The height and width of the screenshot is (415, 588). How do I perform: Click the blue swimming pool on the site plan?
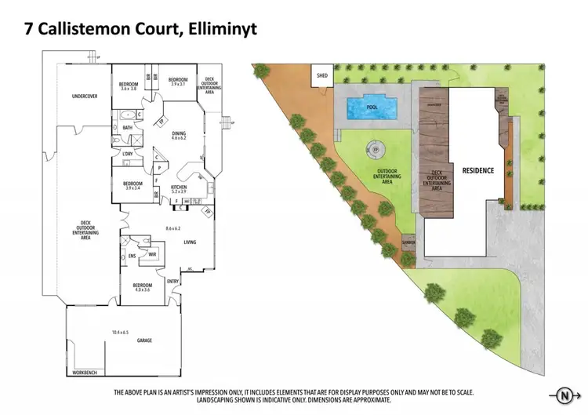365,105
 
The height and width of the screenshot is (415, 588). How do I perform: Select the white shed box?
321,76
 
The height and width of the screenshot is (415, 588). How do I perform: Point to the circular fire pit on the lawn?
375,147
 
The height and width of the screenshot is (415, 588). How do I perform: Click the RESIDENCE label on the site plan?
477,170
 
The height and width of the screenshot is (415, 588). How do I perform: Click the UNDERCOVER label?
84,96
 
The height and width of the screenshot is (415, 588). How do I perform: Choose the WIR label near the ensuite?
152,255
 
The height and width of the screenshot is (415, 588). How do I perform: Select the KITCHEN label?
179,187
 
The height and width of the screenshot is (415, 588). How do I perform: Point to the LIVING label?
190,242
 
